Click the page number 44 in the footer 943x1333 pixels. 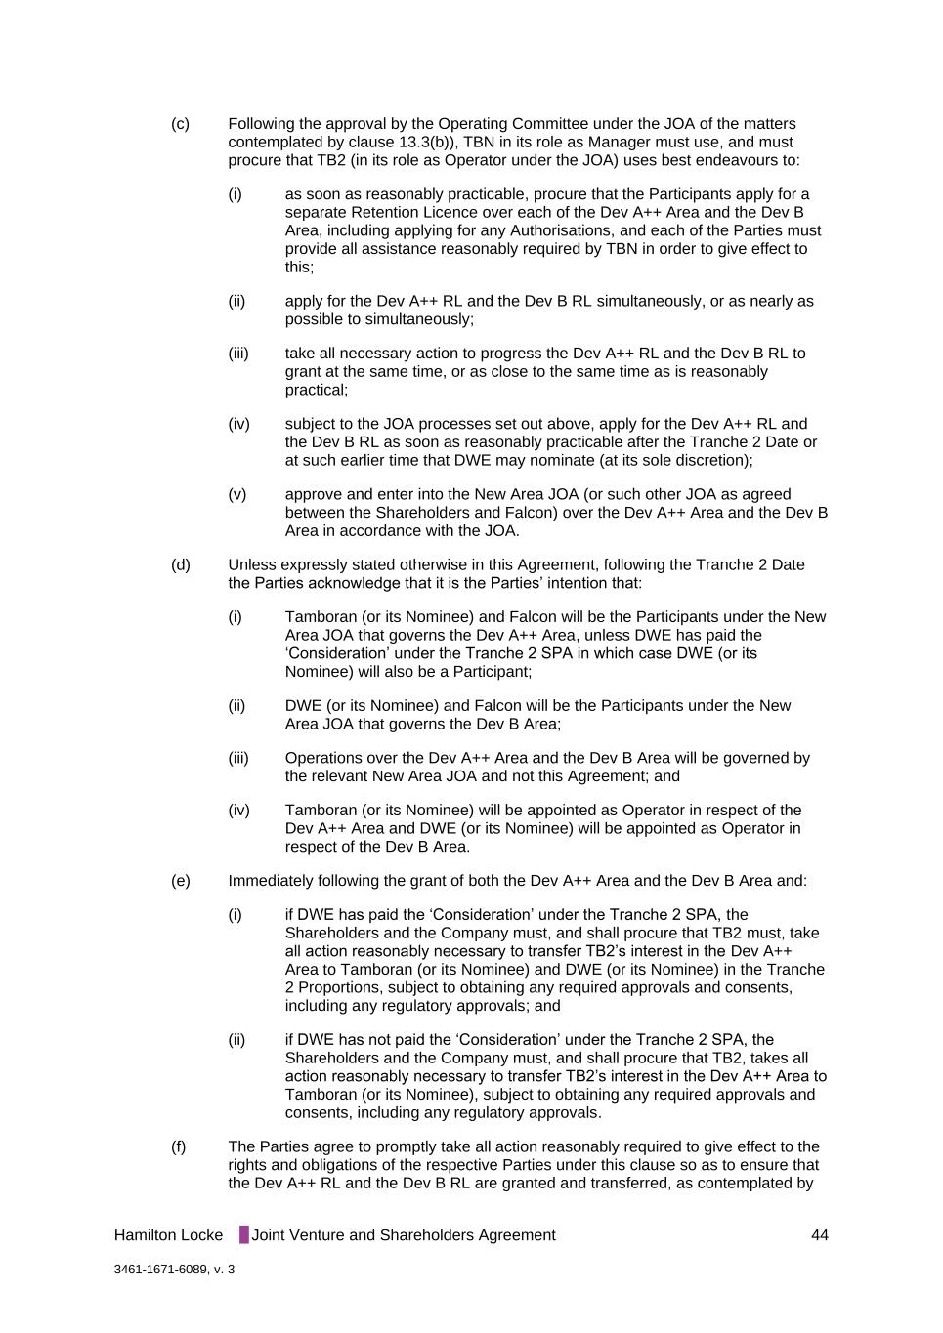point(819,1235)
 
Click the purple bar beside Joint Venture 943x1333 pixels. point(244,1235)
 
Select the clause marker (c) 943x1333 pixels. point(181,124)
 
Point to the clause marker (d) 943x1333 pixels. point(181,565)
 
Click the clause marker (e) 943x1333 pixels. point(181,881)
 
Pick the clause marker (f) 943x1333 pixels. point(179,1146)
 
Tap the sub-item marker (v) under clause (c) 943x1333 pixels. point(237,494)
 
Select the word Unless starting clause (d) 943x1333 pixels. point(252,565)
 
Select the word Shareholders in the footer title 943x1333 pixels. point(429,1235)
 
